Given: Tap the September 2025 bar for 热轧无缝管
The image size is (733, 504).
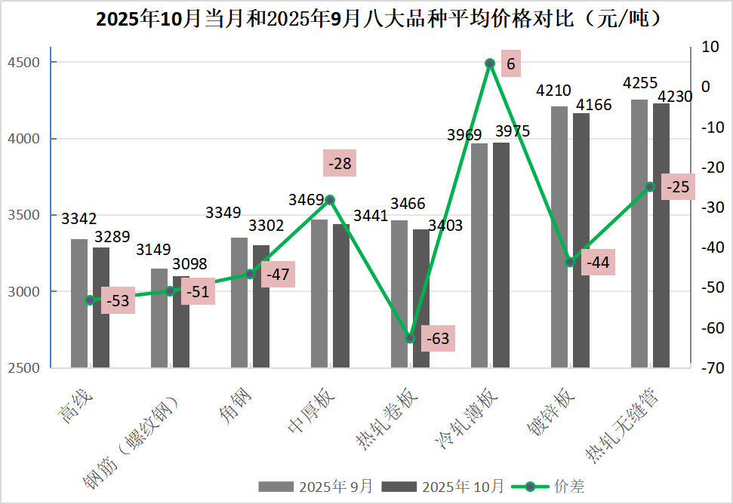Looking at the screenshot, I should point(639,233).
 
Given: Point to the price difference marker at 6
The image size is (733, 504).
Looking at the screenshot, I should point(489,63).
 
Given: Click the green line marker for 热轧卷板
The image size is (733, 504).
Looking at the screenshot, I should point(410,339).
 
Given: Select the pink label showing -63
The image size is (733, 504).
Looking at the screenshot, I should point(438,339).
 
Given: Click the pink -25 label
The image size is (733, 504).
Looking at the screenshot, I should point(676,186).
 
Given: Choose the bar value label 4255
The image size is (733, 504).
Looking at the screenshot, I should point(639,83).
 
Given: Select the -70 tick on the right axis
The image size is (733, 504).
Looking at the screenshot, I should point(711,368).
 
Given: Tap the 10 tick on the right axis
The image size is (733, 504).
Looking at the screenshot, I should point(711,47).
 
